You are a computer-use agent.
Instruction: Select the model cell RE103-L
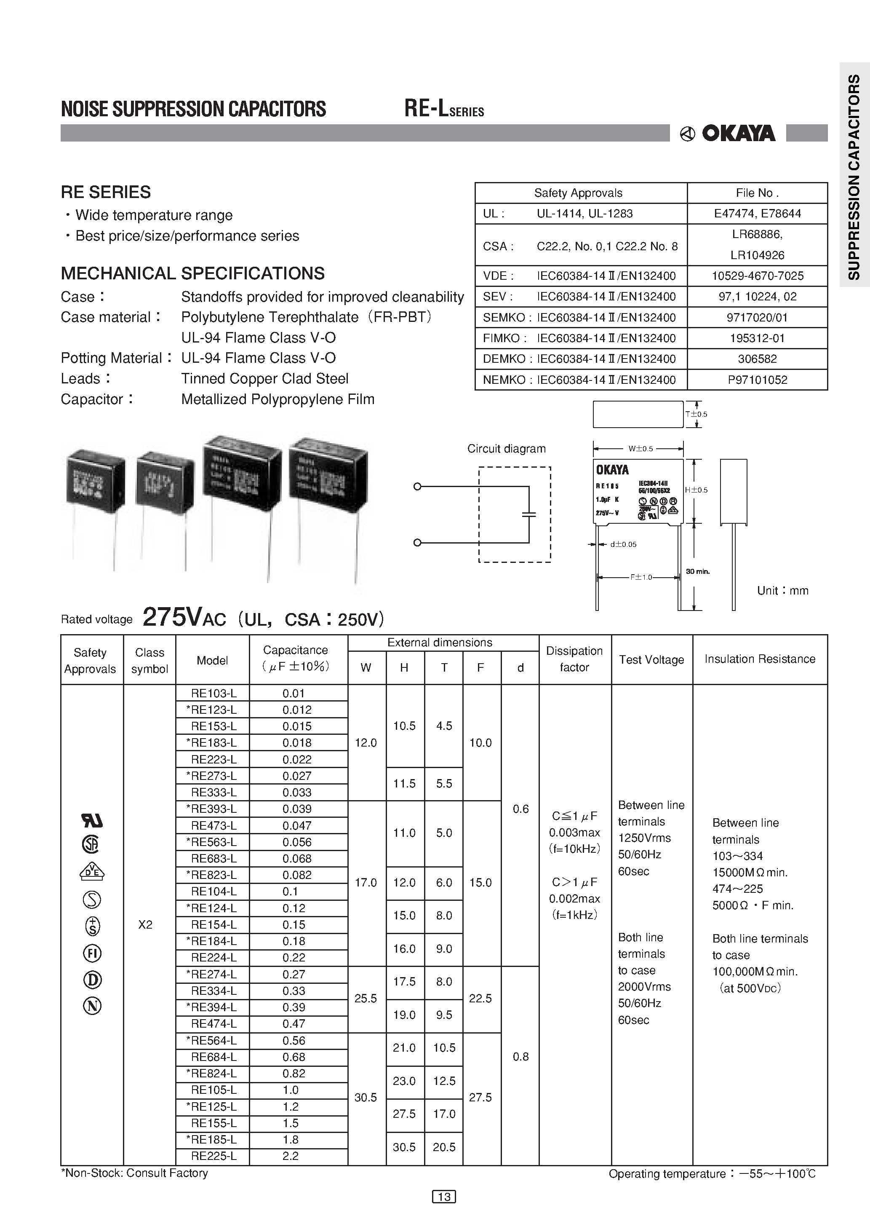213,693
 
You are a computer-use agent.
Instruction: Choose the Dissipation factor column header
574,659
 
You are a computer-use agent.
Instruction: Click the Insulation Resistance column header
760,659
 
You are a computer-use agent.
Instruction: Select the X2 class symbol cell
145,924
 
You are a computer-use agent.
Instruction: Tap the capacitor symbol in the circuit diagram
529,514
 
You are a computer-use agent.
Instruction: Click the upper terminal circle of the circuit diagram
417,487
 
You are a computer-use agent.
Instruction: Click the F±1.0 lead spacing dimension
640,577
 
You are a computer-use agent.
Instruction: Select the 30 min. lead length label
697,571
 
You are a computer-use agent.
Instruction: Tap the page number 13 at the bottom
444,1196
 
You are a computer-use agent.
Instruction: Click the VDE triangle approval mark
92,871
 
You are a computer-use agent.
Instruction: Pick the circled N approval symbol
92,1006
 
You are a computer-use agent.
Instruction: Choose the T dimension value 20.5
444,1147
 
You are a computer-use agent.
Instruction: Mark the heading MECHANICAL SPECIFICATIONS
192,273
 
